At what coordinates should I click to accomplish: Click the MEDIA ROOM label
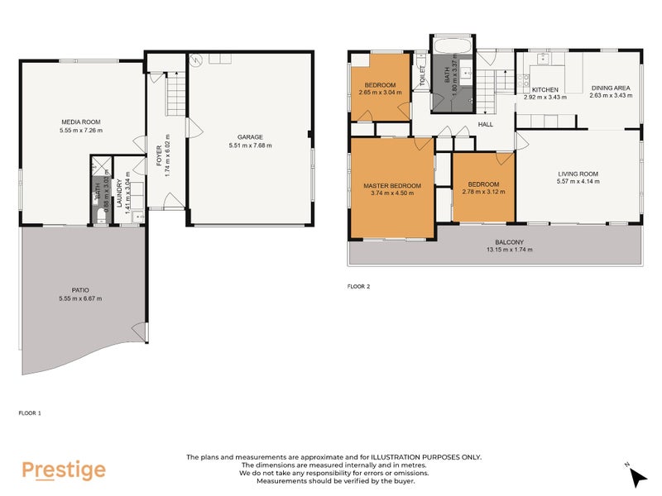tap(80, 122)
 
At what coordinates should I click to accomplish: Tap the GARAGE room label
tap(250, 137)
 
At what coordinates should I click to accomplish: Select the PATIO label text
tap(80, 290)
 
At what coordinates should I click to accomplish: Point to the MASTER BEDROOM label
tap(392, 186)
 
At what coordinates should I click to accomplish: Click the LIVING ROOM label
tap(578, 174)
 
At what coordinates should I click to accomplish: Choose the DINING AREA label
tap(611, 88)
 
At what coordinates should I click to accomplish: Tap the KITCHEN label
tap(544, 89)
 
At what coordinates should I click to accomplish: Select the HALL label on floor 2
tap(486, 125)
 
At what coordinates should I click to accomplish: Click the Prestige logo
tap(64, 470)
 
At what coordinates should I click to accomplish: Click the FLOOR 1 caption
tap(29, 412)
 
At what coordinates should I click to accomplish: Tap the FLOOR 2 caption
tap(358, 287)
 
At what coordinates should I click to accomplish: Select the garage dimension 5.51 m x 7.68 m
tap(250, 145)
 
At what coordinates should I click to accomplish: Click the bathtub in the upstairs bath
tap(451, 45)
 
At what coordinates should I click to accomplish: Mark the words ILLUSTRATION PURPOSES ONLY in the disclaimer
tap(429, 457)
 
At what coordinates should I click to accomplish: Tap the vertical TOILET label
tap(422, 77)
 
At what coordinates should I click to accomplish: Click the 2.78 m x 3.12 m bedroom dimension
tap(483, 192)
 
